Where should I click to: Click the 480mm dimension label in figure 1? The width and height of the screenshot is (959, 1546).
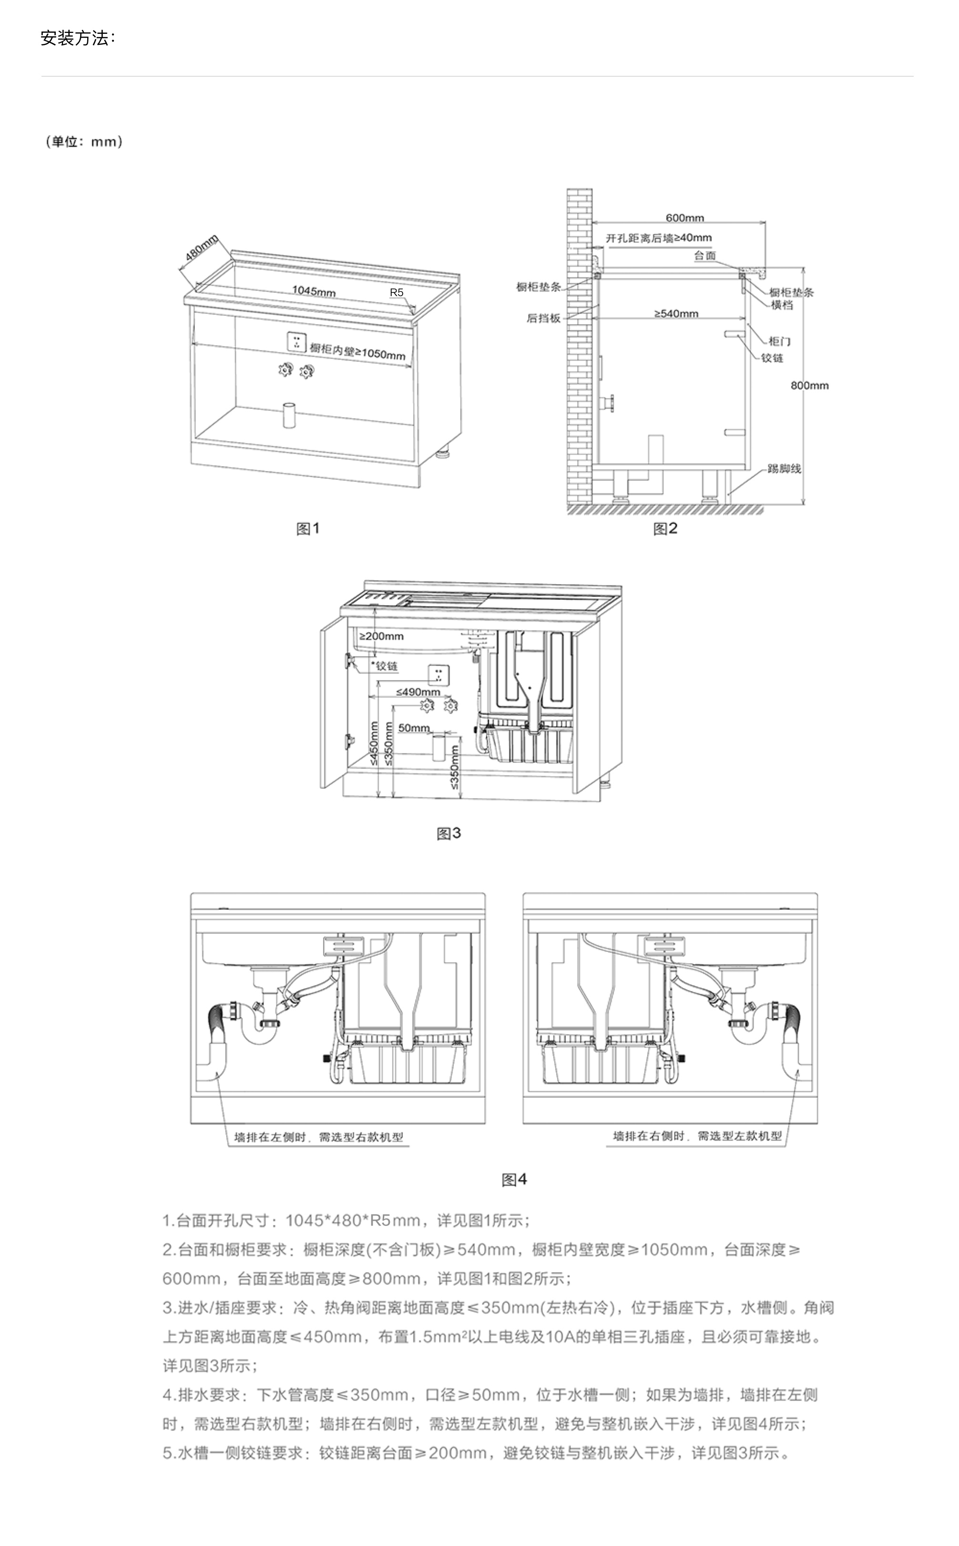(201, 248)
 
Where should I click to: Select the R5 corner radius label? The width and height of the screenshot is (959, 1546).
(397, 292)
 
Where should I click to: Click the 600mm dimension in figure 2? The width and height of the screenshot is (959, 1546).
(684, 217)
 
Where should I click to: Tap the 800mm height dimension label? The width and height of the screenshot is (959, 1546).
(809, 385)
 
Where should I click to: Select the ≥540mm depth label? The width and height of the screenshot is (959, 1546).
(676, 313)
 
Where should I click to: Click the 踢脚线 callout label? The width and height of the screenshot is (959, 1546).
(785, 469)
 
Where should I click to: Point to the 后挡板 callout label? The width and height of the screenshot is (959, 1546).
(543, 318)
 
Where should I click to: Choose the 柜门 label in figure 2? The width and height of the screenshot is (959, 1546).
(779, 341)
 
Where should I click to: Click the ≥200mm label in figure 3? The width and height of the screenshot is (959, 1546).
(381, 636)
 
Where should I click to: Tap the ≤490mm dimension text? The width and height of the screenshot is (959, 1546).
(418, 691)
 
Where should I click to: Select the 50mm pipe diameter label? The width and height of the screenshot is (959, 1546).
(414, 728)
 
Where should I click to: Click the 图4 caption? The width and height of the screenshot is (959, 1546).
(514, 1179)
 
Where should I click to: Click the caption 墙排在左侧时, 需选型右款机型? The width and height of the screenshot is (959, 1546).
(318, 1137)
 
